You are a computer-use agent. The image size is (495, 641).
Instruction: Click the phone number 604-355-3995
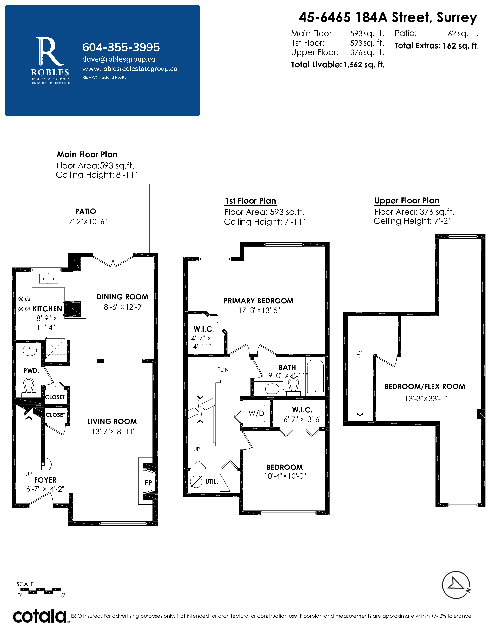[121, 47]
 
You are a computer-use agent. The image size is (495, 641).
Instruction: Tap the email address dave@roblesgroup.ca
[119, 59]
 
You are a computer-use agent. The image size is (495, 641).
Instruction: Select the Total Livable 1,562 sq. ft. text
[338, 64]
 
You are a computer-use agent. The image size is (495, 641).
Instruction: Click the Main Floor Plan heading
[87, 154]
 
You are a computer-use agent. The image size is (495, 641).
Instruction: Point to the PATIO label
[85, 211]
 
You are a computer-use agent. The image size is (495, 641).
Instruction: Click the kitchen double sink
[49, 279]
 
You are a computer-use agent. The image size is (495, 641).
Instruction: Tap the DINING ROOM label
[122, 297]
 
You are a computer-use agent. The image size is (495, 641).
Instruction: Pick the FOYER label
[45, 480]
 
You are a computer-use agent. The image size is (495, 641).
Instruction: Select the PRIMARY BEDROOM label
[258, 301]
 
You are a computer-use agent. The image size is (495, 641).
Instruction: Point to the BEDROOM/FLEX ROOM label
[425, 387]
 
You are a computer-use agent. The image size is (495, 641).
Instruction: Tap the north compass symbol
[456, 585]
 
